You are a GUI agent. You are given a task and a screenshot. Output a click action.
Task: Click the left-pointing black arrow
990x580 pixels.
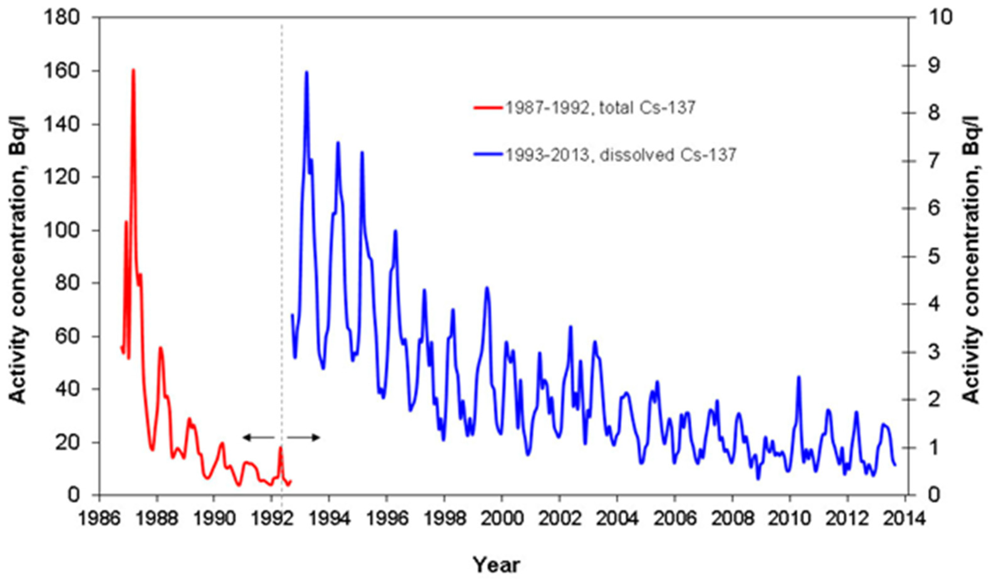pyautogui.click(x=258, y=437)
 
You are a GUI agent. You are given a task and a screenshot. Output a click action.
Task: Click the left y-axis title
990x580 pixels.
pyautogui.click(x=18, y=255)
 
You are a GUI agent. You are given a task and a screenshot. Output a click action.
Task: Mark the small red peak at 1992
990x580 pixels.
pyautogui.click(x=280, y=447)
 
